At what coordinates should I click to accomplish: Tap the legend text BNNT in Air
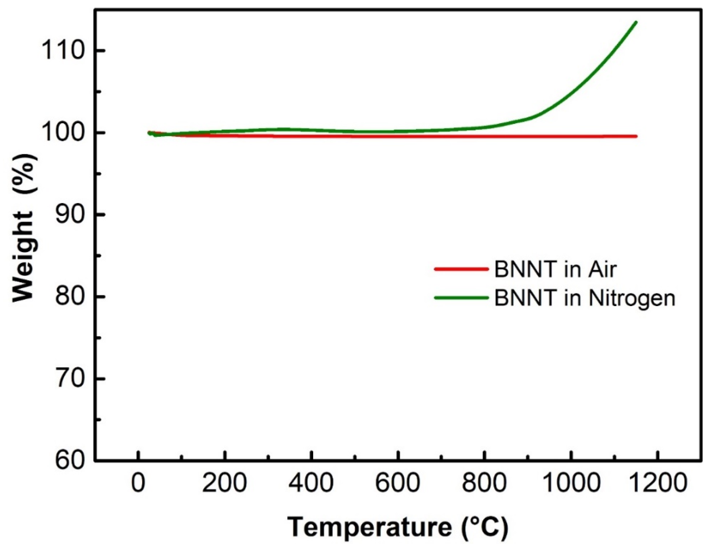click(x=555, y=269)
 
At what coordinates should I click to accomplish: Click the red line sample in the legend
click(x=461, y=269)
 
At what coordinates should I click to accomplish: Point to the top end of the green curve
click(x=636, y=22)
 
